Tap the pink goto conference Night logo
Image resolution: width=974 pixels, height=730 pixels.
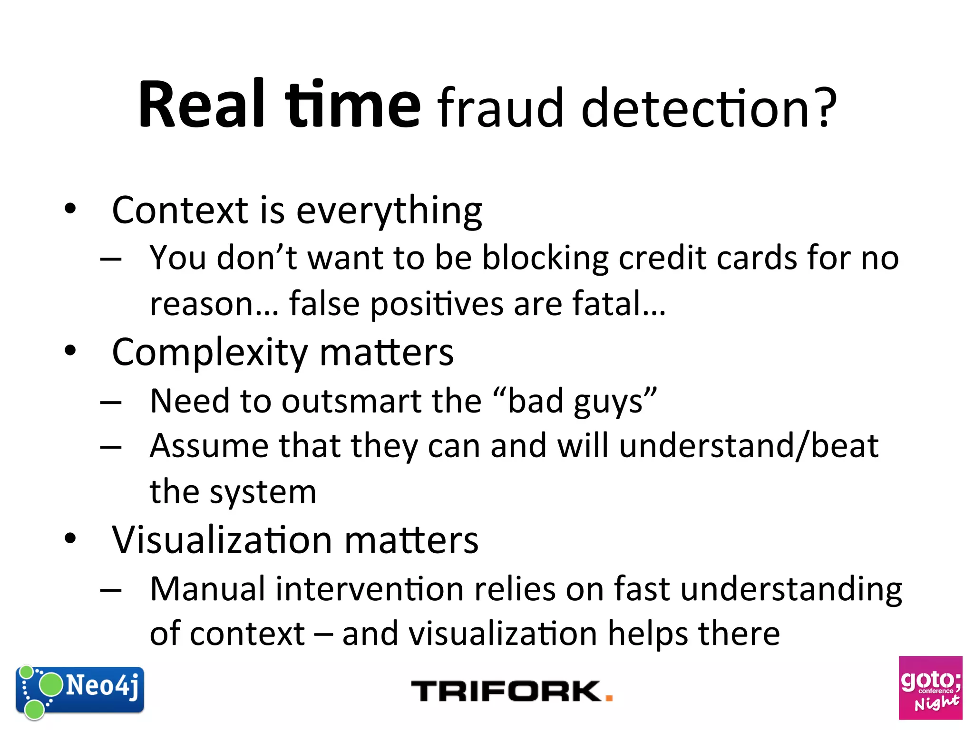coord(930,688)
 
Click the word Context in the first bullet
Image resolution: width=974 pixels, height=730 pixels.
coord(180,210)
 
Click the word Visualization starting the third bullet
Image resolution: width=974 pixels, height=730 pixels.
coord(222,540)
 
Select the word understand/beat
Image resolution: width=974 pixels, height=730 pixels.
coord(749,446)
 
